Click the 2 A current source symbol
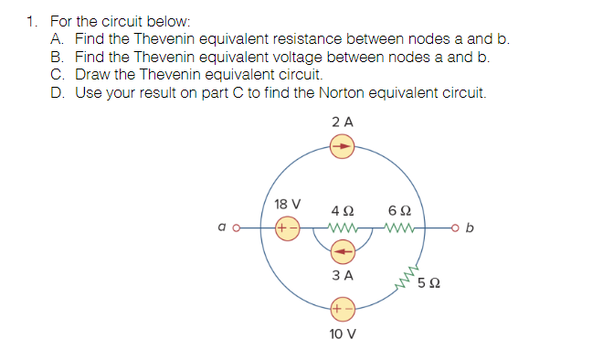341,144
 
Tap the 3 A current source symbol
342,248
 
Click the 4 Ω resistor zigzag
342,225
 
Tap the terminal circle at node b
453,225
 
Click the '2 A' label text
343,121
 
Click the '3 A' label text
342,274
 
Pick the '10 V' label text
342,334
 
